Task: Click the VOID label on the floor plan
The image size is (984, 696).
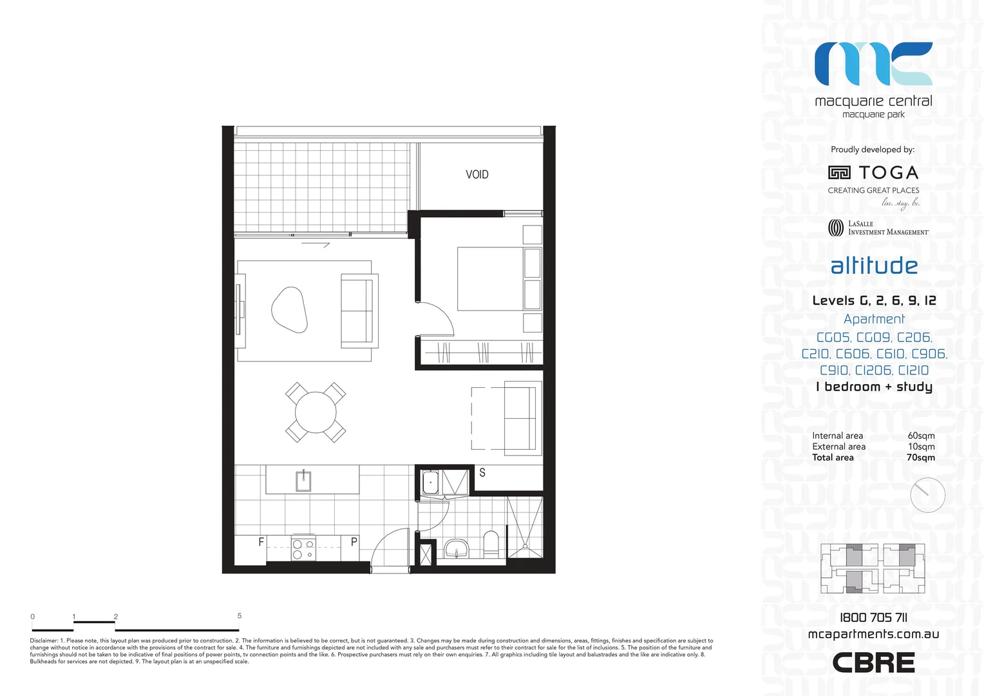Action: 477,175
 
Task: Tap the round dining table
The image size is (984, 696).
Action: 316,412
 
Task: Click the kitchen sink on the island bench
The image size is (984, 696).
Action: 303,481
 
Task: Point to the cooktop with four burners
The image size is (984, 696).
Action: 303,549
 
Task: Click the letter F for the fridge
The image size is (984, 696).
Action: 261,542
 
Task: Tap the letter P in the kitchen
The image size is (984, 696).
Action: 354,542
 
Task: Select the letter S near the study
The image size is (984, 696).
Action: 482,473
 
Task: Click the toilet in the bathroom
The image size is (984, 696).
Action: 491,544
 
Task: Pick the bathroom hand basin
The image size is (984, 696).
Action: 457,550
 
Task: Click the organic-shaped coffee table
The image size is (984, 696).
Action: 289,309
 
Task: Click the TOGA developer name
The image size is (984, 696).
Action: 888,173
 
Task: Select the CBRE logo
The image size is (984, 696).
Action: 873,662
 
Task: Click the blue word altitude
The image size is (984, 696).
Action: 874,266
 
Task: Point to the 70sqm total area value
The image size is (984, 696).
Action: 921,458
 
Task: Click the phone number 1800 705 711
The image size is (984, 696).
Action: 873,617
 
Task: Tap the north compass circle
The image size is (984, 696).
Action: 927,495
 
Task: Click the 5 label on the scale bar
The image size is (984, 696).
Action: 240,616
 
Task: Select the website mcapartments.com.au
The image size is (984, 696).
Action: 873,634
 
